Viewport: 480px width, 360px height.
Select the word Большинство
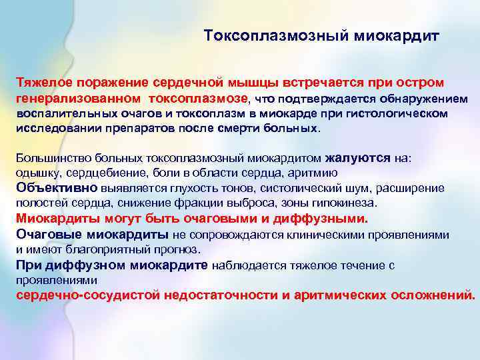pyautogui.click(x=47, y=159)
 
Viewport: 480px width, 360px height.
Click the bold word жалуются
pyautogui.click(x=357, y=159)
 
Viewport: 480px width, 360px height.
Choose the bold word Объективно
pyautogui.click(x=57, y=187)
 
